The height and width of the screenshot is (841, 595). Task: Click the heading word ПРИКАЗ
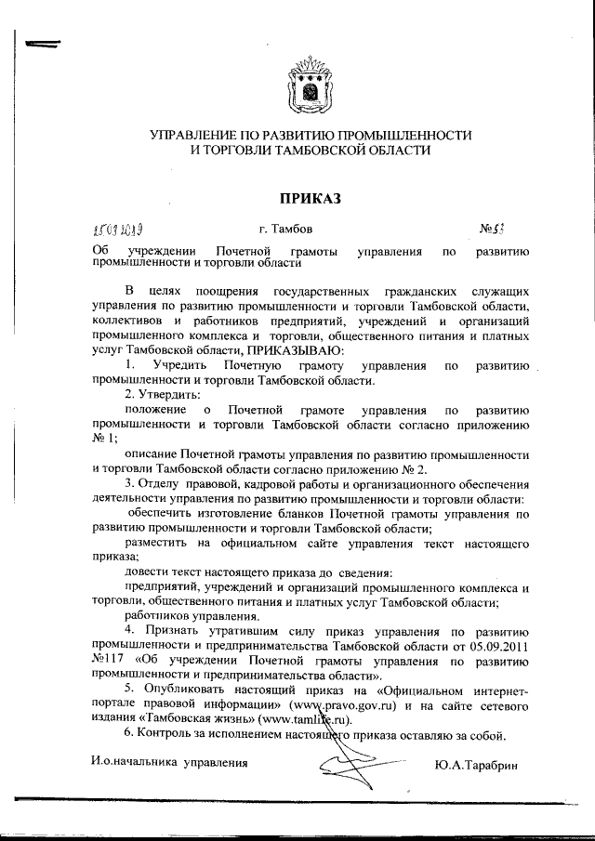click(311, 197)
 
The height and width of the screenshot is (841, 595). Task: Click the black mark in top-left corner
click(42, 45)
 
